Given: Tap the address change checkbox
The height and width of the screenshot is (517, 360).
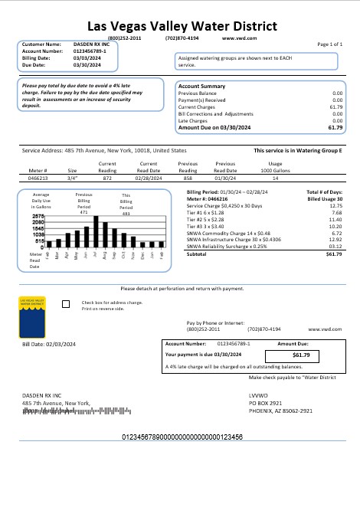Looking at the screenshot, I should pyautogui.click(x=64, y=304).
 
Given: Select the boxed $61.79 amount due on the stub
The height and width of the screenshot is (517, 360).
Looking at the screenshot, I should pyautogui.click(x=301, y=355).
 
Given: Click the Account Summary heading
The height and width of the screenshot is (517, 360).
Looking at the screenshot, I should pyautogui.click(x=201, y=87).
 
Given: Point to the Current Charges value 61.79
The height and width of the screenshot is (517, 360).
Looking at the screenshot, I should pyautogui.click(x=335, y=107).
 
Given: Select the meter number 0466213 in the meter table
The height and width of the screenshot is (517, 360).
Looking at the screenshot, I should pyautogui.click(x=38, y=176).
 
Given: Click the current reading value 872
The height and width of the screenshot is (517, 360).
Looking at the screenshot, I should pyautogui.click(x=108, y=176).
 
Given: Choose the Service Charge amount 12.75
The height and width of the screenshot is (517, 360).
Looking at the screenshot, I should pyautogui.click(x=335, y=206).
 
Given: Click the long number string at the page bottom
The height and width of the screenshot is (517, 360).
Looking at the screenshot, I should pyautogui.click(x=182, y=436).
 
